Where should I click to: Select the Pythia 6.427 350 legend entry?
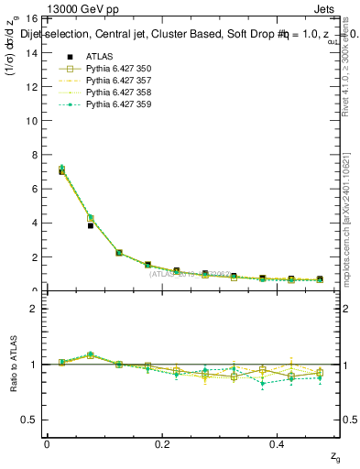click(119, 69)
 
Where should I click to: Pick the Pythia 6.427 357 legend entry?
click(119, 81)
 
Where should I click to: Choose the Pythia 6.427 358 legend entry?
click(119, 93)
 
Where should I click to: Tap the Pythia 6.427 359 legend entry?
click(119, 104)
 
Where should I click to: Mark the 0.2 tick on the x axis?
click(163, 443)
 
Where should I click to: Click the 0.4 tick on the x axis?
click(278, 443)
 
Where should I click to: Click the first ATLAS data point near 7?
click(61, 171)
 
